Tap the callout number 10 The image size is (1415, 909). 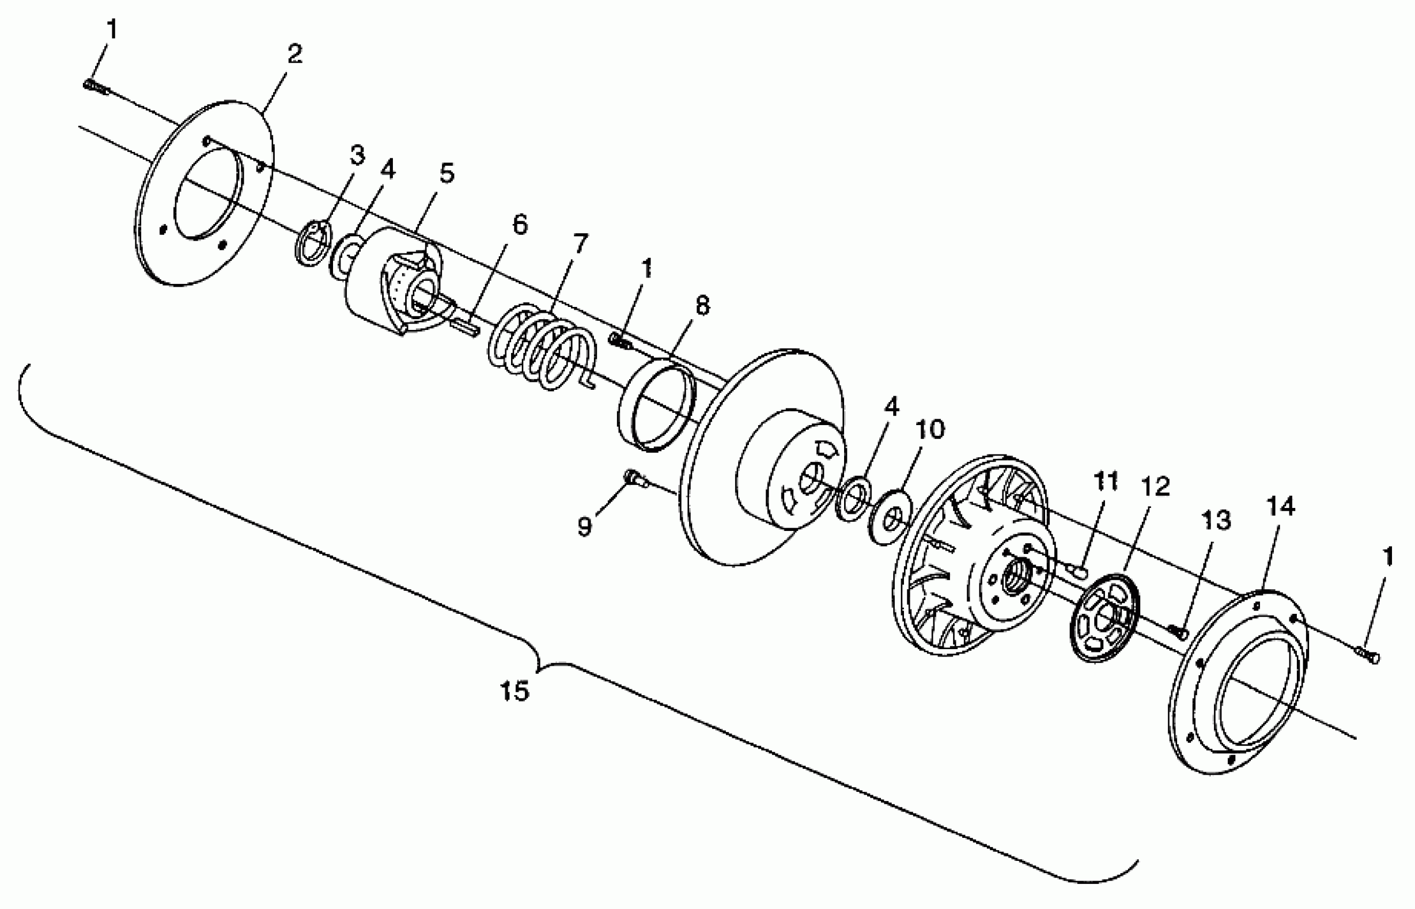point(930,429)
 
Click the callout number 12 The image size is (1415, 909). point(1155,487)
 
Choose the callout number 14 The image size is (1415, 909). point(1280,506)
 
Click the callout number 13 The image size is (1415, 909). point(1216,521)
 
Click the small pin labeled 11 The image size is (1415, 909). point(1078,570)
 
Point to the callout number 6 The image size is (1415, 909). point(519,225)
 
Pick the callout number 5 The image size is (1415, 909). point(447,174)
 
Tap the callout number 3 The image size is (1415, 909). point(357,155)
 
